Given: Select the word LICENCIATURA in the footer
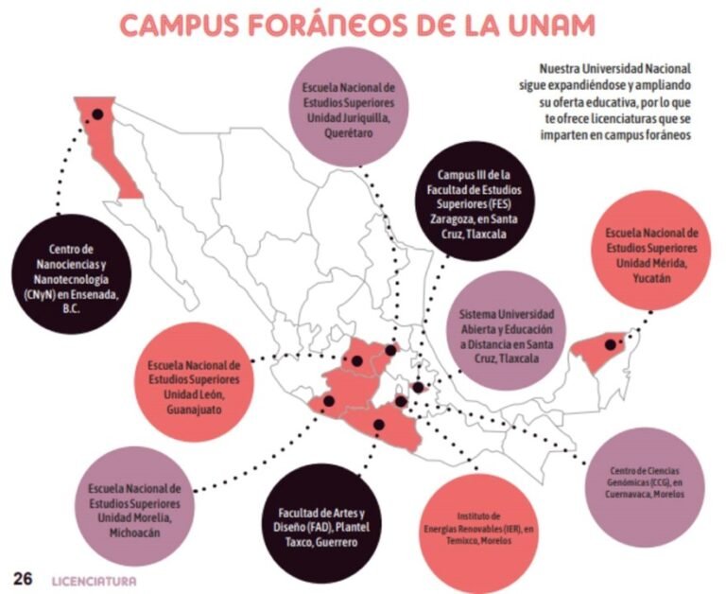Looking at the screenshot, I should (x=95, y=580).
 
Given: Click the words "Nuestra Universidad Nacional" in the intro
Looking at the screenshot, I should (x=615, y=69).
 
